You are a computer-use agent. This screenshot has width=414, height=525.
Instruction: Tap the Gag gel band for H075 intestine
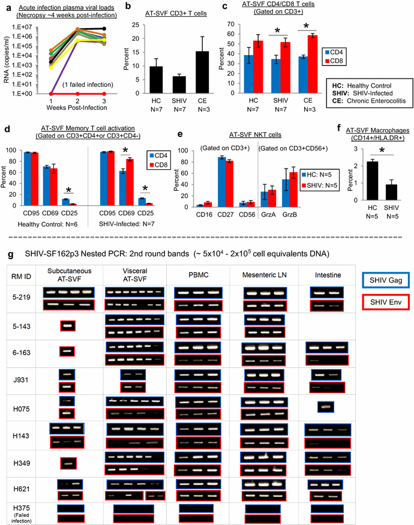click(326, 407)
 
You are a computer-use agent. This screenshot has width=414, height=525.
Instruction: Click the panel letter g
click(7, 254)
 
